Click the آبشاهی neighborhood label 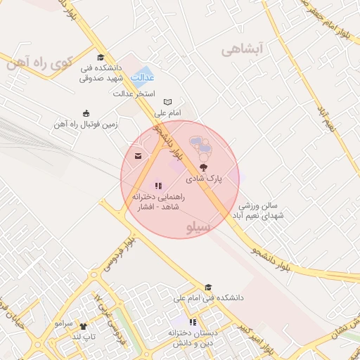(x=241, y=50)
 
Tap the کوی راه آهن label (x=39, y=63)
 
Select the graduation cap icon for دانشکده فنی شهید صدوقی (x=101, y=58)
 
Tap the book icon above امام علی (x=167, y=102)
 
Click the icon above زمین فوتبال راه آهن (x=86, y=113)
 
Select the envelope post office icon (x=138, y=155)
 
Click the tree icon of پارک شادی (x=203, y=167)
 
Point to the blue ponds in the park (x=202, y=146)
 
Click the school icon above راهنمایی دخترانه (x=157, y=186)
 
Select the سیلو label (x=199, y=228)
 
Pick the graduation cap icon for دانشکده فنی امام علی (x=207, y=287)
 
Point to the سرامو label (x=63, y=323)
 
